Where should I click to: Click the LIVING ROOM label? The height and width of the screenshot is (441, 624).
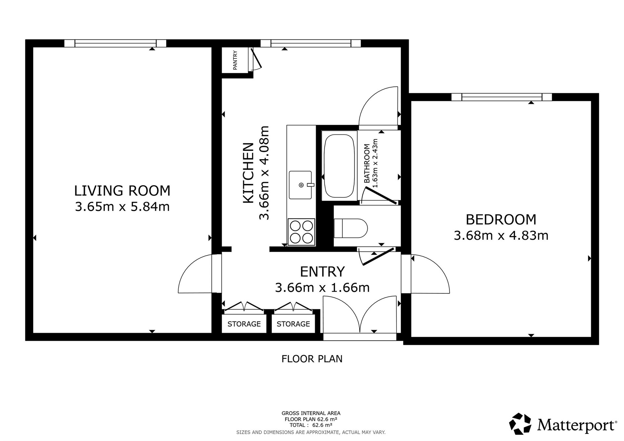(x=122, y=191)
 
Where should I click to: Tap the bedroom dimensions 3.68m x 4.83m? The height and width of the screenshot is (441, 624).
(x=501, y=235)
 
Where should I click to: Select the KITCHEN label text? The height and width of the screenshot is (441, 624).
(x=248, y=173)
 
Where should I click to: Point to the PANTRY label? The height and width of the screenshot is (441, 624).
(x=235, y=60)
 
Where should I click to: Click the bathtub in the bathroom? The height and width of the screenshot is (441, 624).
(x=339, y=166)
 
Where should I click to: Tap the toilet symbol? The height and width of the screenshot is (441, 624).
(x=351, y=228)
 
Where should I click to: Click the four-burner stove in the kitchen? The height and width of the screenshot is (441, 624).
(x=301, y=232)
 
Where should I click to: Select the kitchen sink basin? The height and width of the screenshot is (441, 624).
(x=300, y=185)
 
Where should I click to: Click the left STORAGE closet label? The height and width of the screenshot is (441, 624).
(x=244, y=324)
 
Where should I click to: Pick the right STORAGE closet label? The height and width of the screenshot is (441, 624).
(x=293, y=324)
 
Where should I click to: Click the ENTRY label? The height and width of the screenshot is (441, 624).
(x=322, y=271)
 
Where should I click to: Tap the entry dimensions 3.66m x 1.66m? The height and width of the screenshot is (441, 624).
(x=322, y=288)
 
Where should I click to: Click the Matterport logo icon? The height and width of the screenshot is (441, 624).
(x=520, y=423)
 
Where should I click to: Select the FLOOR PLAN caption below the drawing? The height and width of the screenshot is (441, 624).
(x=312, y=359)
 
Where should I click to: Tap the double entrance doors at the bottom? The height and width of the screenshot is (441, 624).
(x=360, y=314)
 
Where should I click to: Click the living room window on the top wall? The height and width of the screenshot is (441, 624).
(x=115, y=43)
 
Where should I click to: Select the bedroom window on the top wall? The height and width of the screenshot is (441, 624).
(x=502, y=97)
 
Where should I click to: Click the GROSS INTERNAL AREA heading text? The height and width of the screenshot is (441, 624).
(x=311, y=413)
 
